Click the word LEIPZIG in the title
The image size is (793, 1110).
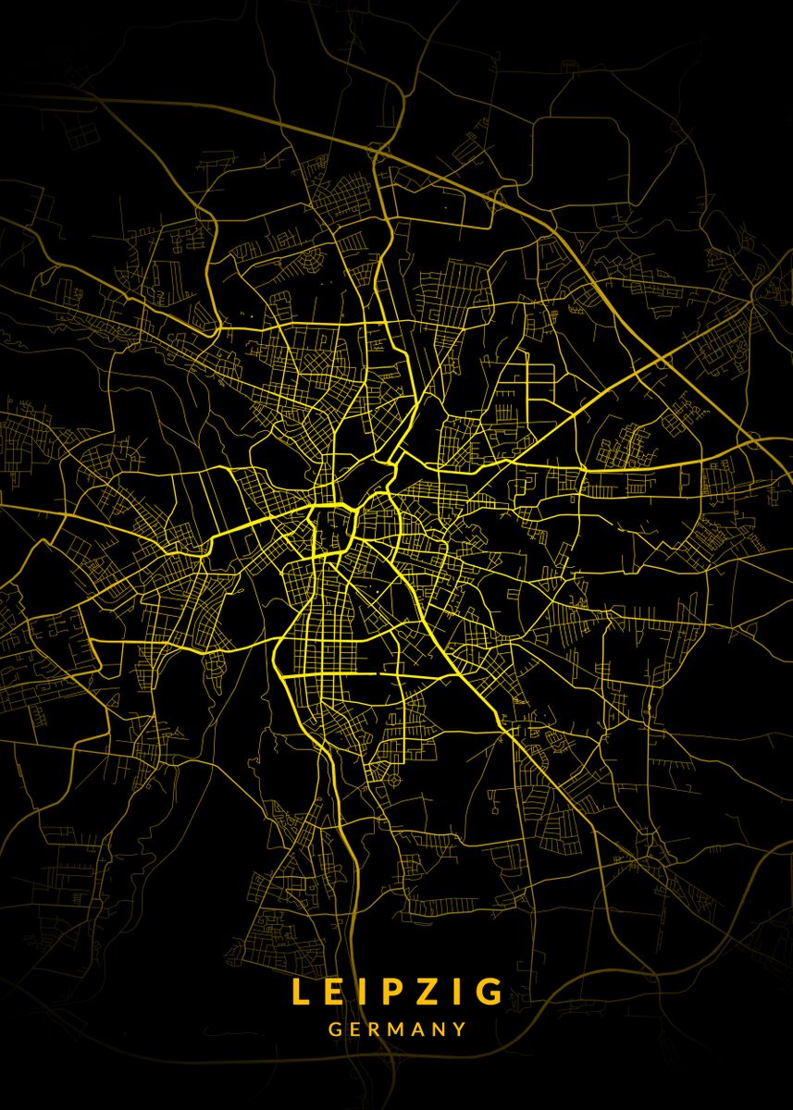397,992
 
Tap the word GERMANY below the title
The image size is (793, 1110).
397,1029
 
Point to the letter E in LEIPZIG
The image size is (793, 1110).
332,992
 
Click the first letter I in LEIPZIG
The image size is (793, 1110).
359,992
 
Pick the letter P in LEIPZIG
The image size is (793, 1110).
385,992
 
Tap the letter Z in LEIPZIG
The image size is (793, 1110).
422,992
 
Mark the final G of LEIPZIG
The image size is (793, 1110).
488,992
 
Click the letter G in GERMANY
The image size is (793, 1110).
334,1029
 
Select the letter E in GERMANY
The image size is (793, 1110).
354,1029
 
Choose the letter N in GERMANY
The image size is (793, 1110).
439,1029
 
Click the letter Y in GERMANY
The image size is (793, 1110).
459,1029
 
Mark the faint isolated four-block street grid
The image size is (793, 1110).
86,134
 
